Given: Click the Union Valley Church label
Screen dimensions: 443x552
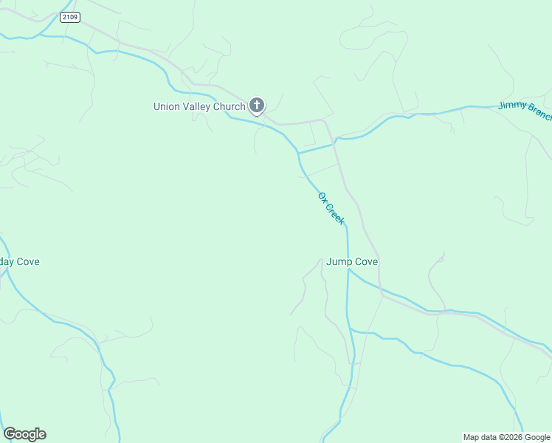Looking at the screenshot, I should [x=199, y=106].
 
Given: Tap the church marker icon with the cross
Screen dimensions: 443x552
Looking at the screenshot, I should [x=256, y=106].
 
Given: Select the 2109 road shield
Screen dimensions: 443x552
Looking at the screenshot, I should [x=70, y=18].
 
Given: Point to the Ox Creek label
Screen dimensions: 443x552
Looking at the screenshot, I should [x=331, y=208].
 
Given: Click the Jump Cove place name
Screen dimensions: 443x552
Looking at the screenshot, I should [x=352, y=261].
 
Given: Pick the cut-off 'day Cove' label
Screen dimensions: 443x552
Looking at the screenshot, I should [x=19, y=261].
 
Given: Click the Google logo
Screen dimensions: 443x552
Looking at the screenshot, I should [x=24, y=434].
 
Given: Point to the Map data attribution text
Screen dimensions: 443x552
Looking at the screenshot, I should [x=507, y=437].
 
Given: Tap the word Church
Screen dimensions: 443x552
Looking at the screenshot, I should [x=229, y=106].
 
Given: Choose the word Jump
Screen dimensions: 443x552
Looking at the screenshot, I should [x=339, y=261].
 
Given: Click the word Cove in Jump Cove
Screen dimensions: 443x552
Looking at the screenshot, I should [x=366, y=261].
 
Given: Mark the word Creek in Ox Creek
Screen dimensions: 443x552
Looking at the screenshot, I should [x=336, y=214].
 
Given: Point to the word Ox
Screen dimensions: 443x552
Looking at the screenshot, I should [x=322, y=196].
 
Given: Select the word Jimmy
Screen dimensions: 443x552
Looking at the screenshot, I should [x=511, y=106].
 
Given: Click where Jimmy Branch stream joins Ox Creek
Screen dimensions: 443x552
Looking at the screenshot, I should [x=299, y=154].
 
